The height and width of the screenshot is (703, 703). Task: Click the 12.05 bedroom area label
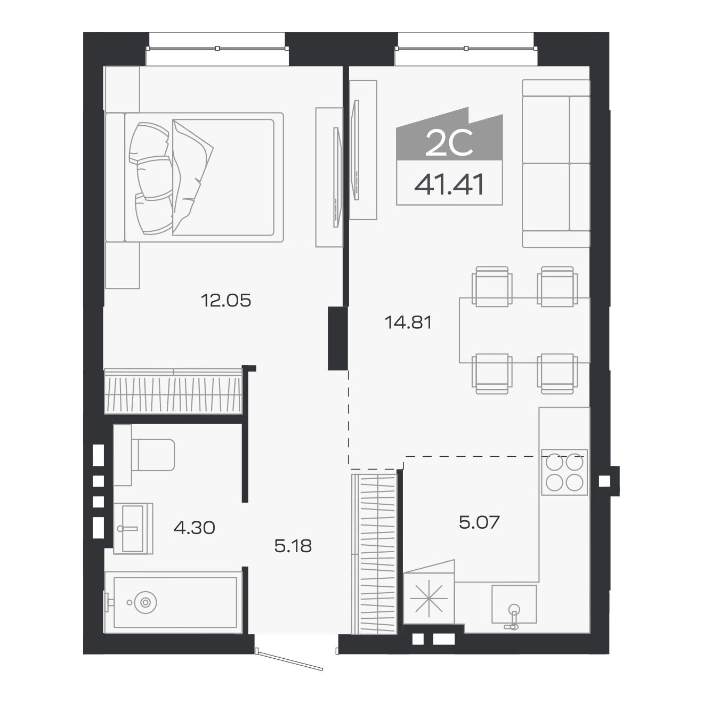point(226,301)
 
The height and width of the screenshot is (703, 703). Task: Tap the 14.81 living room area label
point(408,322)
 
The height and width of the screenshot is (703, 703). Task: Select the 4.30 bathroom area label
point(194,528)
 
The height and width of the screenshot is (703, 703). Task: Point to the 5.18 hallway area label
point(293,546)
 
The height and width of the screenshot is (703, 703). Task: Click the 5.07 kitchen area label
point(479,522)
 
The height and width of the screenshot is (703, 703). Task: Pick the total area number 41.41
point(449,184)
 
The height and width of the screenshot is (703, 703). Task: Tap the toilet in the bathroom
point(144,455)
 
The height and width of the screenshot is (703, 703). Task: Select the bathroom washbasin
point(133,528)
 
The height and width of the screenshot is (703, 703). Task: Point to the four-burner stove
point(564,472)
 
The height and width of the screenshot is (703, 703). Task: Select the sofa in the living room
point(555,164)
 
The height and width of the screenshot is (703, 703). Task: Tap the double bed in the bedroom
point(195,177)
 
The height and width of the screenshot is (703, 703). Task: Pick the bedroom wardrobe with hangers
point(173,391)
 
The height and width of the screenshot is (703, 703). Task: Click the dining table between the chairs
point(524,330)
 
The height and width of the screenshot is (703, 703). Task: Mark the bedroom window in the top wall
point(217,48)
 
